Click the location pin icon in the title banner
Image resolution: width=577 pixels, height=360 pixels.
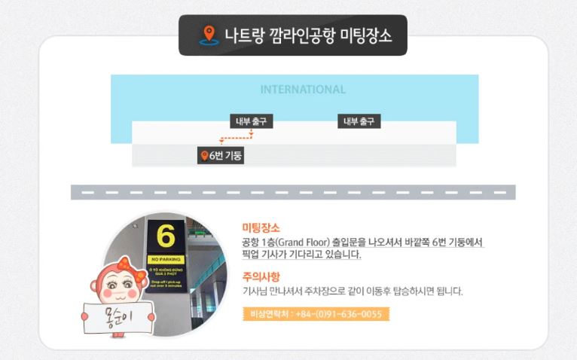[209, 35]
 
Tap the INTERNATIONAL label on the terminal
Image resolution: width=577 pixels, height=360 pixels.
[303, 90]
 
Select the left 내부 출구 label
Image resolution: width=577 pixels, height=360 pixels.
[251, 121]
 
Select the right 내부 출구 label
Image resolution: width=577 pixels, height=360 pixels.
[359, 121]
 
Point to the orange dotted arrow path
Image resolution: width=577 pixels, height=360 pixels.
[237, 139]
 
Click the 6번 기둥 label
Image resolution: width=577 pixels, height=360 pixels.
[226, 156]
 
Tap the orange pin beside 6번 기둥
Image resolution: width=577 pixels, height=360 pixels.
[203, 156]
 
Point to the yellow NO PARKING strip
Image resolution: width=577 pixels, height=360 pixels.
[165, 259]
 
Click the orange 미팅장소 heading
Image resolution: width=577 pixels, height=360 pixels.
[261, 227]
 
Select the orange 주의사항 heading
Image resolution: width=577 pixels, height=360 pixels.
[261, 276]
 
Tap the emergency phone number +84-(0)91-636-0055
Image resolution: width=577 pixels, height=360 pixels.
[339, 314]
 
